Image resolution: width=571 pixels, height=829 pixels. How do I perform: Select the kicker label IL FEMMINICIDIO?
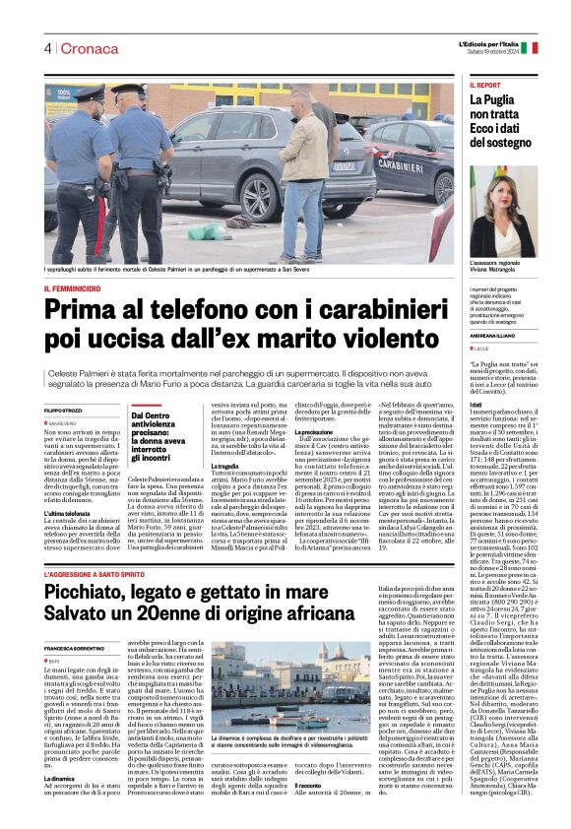71,287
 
